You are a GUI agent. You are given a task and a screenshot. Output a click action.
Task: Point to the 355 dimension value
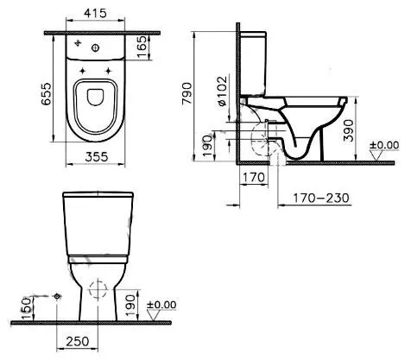tap(98, 157)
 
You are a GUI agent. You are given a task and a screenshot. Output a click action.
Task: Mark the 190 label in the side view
tap(208, 142)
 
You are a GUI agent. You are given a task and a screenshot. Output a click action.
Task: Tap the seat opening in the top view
tap(98, 102)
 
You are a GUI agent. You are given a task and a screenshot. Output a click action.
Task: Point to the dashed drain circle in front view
tap(99, 290)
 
